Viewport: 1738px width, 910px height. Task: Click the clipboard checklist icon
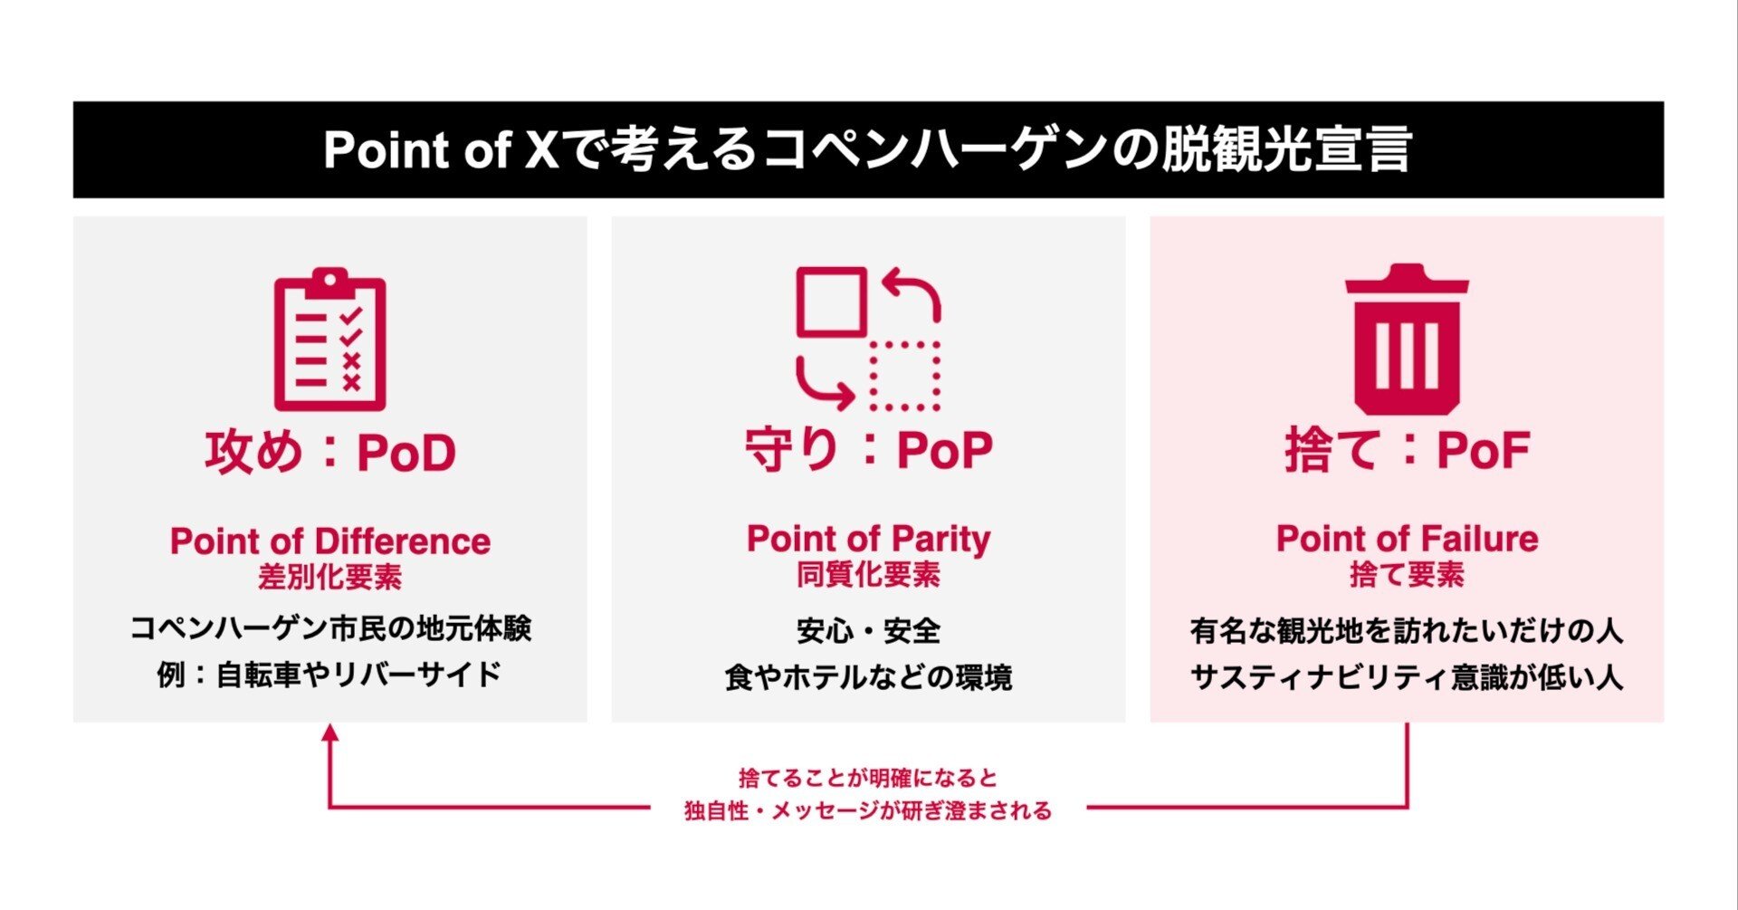click(x=330, y=340)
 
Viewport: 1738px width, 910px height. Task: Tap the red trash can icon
click(x=1407, y=339)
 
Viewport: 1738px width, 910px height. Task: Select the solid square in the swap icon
click(x=831, y=302)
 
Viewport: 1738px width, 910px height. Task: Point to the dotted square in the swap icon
click(x=905, y=376)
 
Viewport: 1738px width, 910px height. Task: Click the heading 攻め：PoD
click(x=330, y=452)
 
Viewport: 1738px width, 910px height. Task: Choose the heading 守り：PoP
click(x=869, y=449)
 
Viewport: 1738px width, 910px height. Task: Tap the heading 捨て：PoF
click(x=1408, y=449)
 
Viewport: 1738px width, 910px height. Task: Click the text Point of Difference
click(x=330, y=541)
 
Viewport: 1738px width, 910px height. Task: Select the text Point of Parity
click(x=869, y=540)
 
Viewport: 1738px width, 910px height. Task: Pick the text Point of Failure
click(x=1408, y=539)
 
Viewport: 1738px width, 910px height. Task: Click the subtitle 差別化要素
click(x=330, y=577)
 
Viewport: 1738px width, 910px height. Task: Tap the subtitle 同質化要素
click(x=869, y=574)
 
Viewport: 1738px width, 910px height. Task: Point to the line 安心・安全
click(x=869, y=631)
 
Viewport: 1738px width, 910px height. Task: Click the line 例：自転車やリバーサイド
click(x=329, y=675)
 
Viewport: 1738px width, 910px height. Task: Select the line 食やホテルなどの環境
click(x=869, y=677)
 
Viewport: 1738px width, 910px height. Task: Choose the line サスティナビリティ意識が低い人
click(x=1408, y=677)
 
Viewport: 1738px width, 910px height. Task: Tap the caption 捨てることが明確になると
click(x=869, y=778)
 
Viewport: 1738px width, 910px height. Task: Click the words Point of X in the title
click(x=442, y=149)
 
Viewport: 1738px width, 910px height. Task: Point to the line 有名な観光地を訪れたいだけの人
click(x=1408, y=631)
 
